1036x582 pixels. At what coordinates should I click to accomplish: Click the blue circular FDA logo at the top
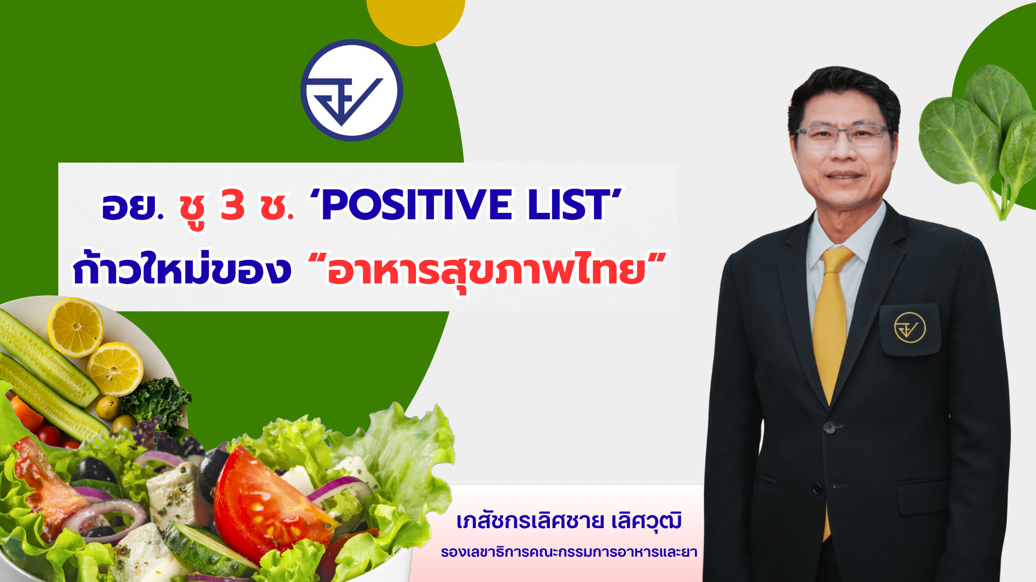tap(351, 90)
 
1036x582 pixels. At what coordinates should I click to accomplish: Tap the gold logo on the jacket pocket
tap(910, 327)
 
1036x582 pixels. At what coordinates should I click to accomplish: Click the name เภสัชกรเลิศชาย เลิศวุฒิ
tap(569, 522)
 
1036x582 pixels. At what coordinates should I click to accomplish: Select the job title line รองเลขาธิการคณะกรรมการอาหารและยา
tap(569, 552)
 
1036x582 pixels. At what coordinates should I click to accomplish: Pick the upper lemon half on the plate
tap(76, 327)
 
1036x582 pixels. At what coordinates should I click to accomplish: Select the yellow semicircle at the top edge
tap(415, 19)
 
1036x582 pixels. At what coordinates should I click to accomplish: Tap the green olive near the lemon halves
tap(108, 407)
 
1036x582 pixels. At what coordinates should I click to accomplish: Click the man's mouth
tap(844, 176)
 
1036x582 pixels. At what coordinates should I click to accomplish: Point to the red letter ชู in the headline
tap(193, 207)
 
